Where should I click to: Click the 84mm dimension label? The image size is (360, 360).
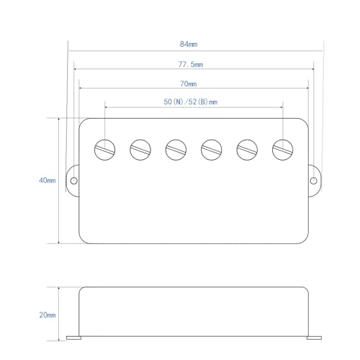pos(189,44)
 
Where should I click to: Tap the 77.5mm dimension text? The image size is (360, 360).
pos(191,64)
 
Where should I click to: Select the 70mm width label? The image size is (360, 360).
pos(189,84)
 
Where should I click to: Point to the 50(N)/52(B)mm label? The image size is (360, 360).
pos(191,102)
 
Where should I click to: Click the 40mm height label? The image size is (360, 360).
pos(48,180)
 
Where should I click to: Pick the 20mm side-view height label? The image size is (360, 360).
pos(48,315)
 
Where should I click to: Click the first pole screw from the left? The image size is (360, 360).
pos(104,150)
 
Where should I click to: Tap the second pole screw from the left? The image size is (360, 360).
pos(140,150)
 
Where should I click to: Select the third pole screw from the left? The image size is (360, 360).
pos(176,150)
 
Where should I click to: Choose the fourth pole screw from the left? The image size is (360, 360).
pos(212,150)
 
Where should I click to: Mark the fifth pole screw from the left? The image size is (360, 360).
pos(247,150)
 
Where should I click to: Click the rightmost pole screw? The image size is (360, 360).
pos(283,150)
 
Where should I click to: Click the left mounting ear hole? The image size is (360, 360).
pos(74,181)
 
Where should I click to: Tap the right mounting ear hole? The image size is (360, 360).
pos(313,181)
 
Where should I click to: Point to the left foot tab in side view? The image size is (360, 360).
pos(73,338)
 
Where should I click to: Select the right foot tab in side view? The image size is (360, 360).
pos(314,338)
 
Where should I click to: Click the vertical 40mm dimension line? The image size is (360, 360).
pos(59,181)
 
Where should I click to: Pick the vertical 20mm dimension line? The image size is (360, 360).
pos(59,314)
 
